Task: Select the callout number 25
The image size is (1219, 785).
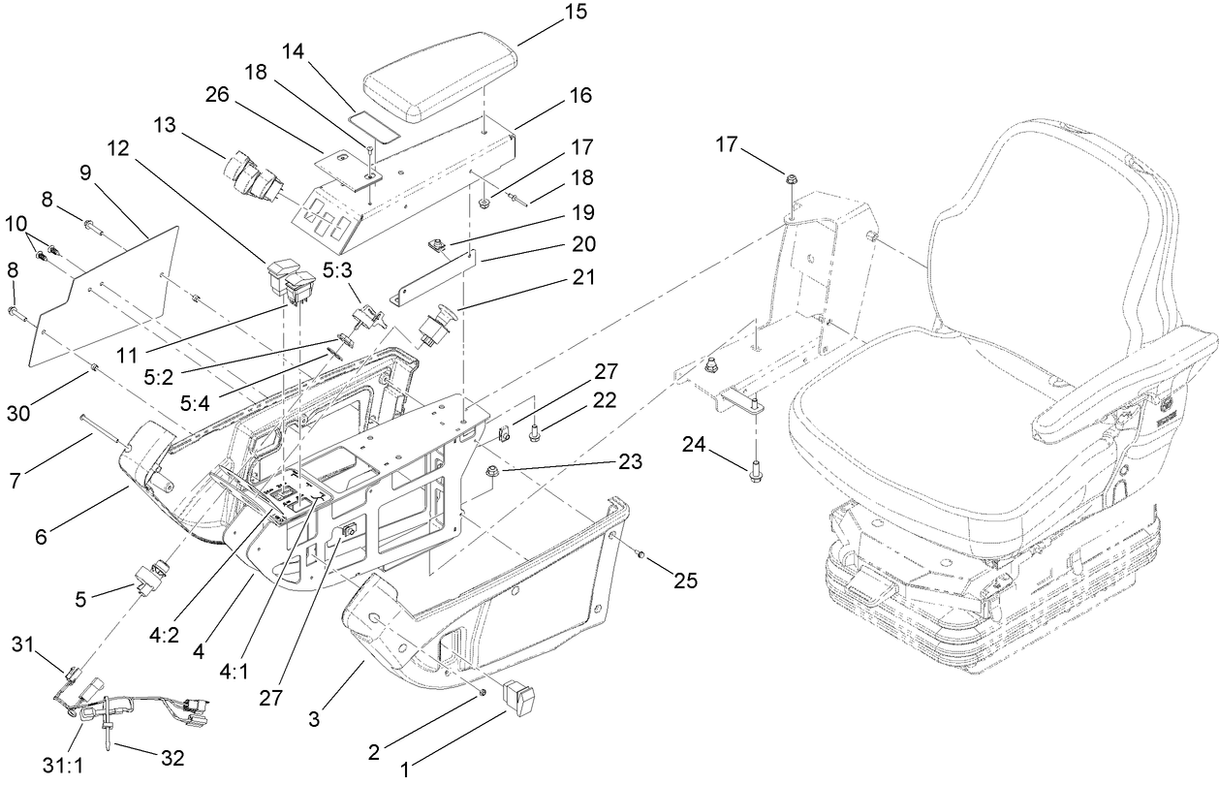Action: (686, 581)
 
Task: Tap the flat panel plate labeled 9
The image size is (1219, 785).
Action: (107, 291)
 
